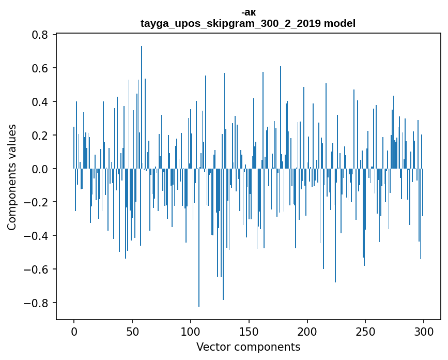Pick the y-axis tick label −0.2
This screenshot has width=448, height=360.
pos(38,202)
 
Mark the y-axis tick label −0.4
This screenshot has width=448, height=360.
pos(38,236)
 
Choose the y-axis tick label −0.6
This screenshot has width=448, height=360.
pos(38,269)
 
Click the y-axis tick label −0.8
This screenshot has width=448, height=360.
pos(38,303)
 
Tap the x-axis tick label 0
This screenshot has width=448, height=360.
pos(74,331)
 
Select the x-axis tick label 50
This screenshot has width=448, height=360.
pos(132,331)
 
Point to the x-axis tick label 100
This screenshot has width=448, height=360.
pos(191,331)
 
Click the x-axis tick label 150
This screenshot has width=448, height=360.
pos(249,331)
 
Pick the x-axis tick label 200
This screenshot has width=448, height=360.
pos(307,331)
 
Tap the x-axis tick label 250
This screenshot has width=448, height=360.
pos(365,331)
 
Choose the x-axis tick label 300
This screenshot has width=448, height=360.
pos(424,331)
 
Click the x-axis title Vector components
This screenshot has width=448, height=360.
pos(248,347)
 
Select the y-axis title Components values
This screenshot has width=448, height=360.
pos(12,177)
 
